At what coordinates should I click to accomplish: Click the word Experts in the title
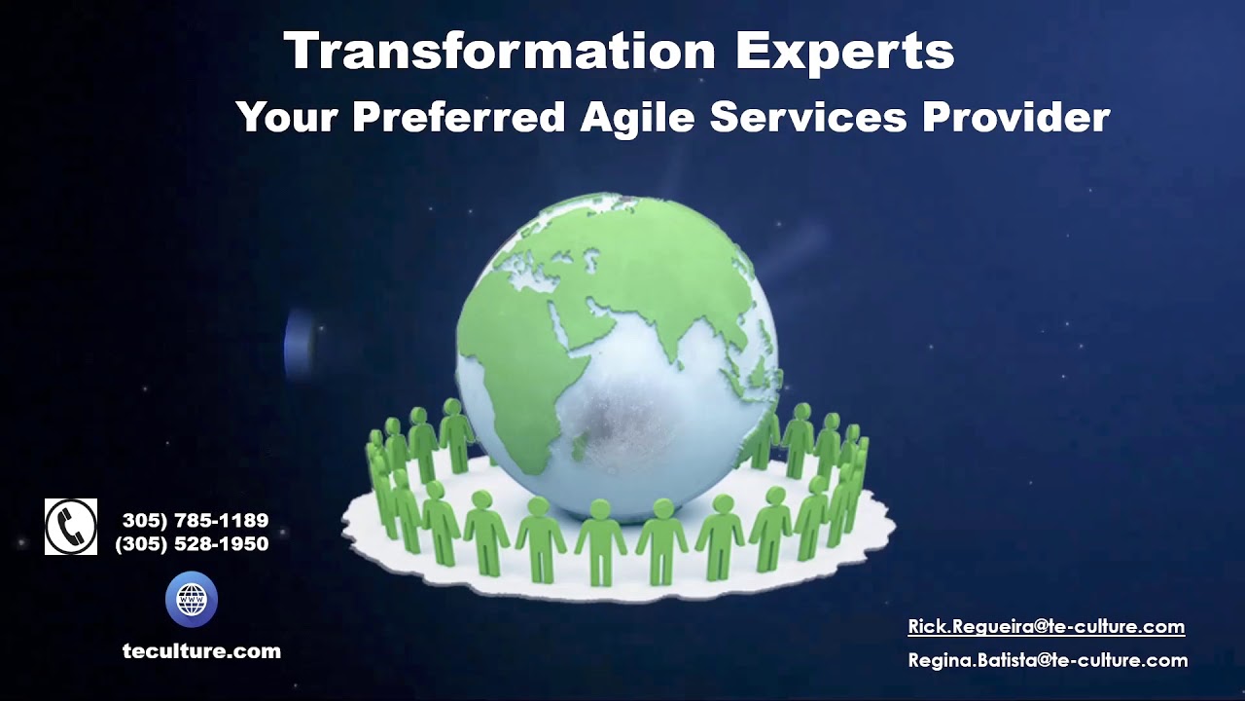844,52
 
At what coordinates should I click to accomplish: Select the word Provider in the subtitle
1015,118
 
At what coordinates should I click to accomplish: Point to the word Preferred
458,118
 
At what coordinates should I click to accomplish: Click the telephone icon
71,527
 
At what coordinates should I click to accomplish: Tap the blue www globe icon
192,600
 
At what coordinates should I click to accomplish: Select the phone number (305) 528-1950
192,544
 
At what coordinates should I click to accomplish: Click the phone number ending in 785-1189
195,520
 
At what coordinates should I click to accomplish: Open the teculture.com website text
201,651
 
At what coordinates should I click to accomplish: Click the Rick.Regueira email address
1046,626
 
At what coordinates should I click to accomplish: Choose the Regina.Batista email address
1048,660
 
